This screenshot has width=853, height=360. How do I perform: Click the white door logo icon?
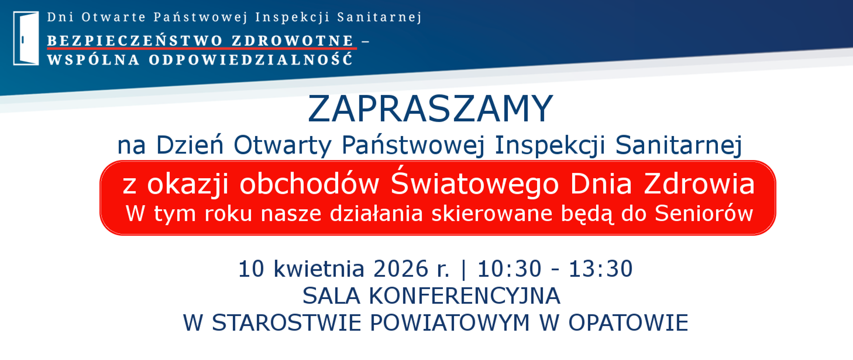coord(26,38)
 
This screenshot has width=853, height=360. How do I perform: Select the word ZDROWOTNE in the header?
coord(292,41)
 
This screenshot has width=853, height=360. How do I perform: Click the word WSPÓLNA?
coord(93,60)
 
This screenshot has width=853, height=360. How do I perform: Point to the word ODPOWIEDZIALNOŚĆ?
coord(251,60)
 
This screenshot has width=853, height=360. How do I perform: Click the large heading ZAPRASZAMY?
coord(430,109)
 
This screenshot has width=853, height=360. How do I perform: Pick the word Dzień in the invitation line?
coord(190,145)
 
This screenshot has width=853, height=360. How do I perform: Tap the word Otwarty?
coord(283,145)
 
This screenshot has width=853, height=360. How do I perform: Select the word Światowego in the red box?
coord(474,183)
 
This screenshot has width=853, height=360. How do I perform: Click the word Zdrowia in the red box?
coord(699,184)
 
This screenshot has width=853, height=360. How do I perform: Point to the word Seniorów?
coord(704,214)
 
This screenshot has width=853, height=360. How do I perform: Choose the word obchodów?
coord(309,184)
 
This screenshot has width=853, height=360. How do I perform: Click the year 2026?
coord(401,269)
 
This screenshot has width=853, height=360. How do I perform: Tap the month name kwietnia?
coord(319,269)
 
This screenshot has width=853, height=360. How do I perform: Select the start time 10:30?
coord(509,269)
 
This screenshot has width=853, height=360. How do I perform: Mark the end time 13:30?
coord(601,269)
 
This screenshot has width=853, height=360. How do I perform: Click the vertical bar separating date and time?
coord(464,269)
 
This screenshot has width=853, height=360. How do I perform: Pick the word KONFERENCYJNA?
coord(464,296)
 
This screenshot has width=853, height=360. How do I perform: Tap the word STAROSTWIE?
coord(287,323)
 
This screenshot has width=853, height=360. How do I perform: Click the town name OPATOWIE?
coord(628,323)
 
